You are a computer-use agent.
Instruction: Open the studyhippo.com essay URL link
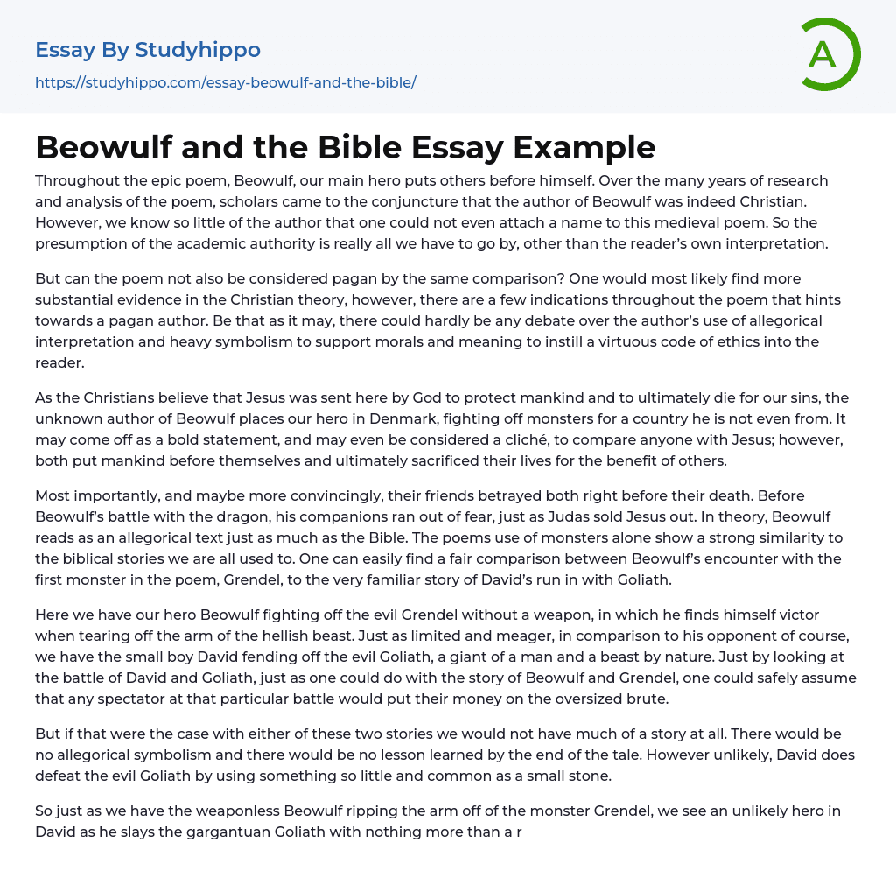[225, 82]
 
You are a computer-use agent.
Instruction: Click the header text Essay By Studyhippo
[148, 50]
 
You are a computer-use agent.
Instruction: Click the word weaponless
[209, 811]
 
